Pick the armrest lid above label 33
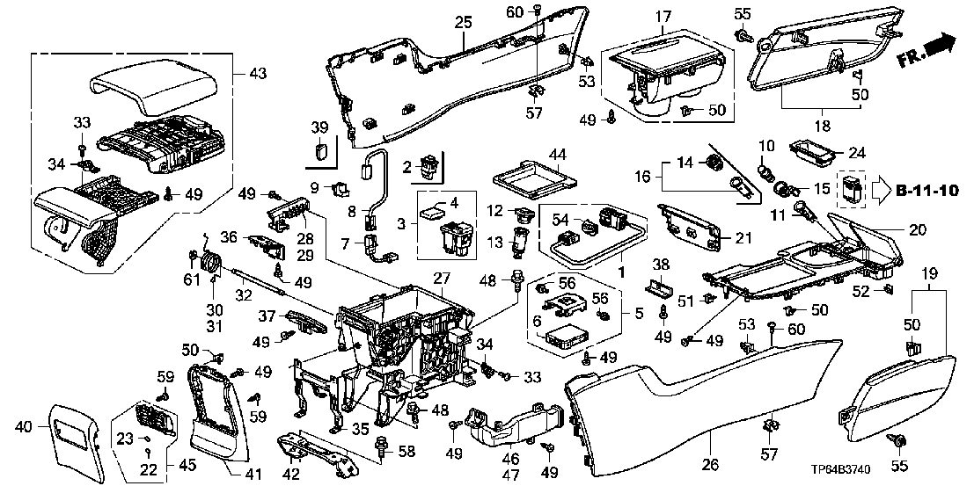pyautogui.click(x=155, y=90)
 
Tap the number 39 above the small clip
pyautogui.click(x=319, y=127)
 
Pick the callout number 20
pyautogui.click(x=917, y=230)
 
